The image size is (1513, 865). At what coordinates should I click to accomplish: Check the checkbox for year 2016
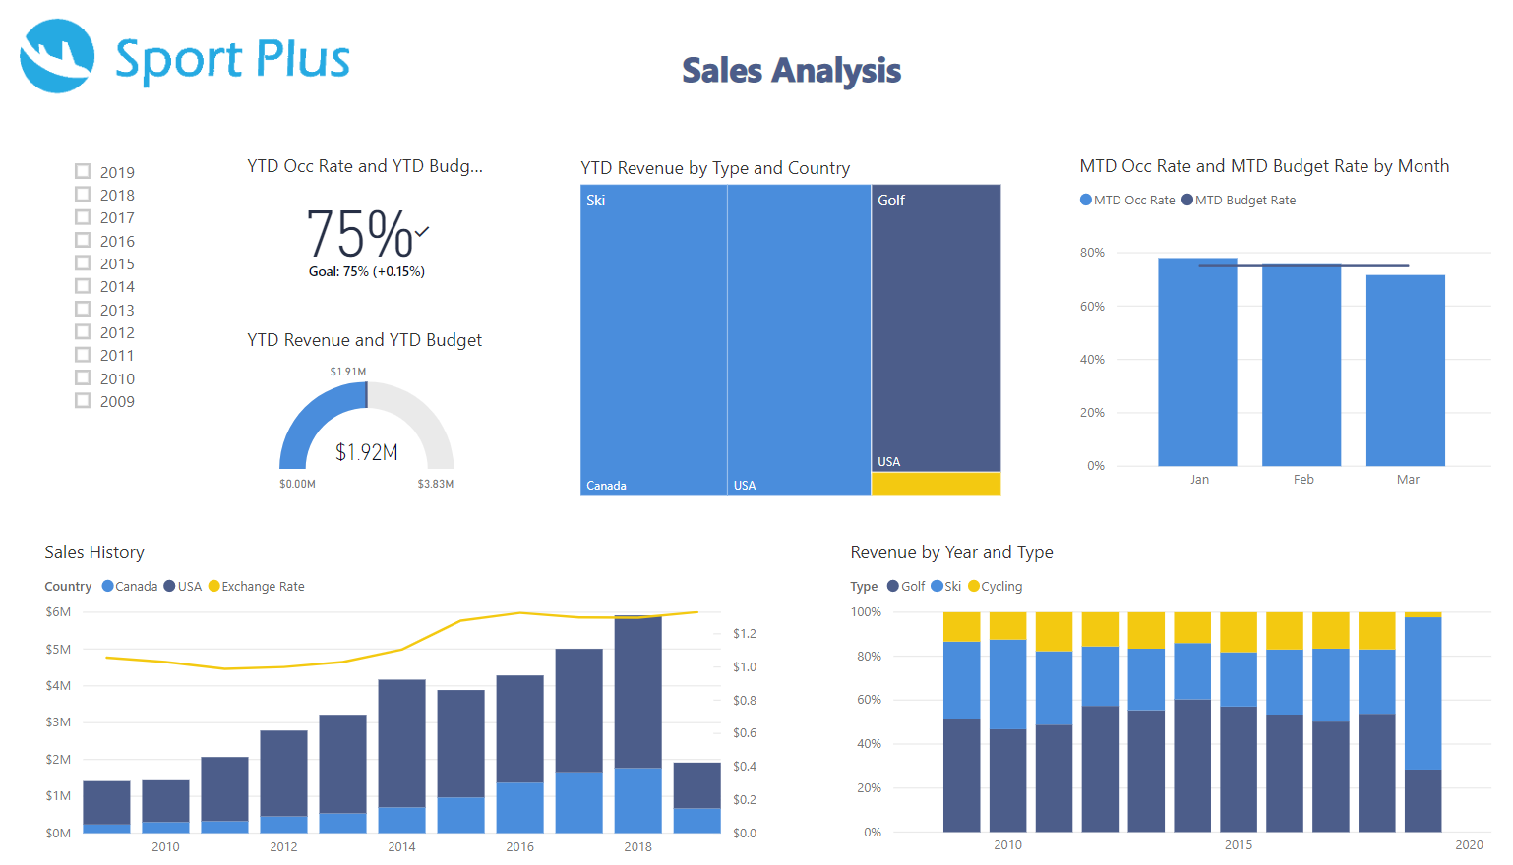tap(83, 240)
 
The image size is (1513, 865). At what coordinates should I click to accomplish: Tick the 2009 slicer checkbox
tap(83, 400)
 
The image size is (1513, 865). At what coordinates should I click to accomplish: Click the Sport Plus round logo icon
tap(57, 56)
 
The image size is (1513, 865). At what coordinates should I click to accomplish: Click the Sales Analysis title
tap(791, 71)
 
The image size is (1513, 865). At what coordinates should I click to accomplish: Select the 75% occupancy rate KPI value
tap(360, 234)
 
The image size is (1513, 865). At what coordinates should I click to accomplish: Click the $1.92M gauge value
tap(366, 452)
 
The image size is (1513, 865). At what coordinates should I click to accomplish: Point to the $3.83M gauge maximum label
tap(435, 484)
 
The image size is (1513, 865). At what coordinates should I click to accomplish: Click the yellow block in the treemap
tap(936, 484)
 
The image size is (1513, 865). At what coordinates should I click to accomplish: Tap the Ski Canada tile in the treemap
tap(653, 339)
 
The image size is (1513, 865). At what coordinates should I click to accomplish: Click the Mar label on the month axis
tap(1408, 480)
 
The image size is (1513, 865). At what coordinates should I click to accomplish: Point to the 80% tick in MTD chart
tap(1092, 253)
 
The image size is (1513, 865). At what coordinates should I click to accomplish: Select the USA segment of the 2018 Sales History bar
tap(637, 692)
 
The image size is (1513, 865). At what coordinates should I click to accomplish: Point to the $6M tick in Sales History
tap(58, 612)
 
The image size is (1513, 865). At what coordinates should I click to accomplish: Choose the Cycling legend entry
tap(1000, 587)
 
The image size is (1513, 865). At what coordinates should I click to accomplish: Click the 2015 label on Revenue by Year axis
tap(1238, 845)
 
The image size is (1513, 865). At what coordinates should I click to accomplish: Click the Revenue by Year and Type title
tap(951, 552)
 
